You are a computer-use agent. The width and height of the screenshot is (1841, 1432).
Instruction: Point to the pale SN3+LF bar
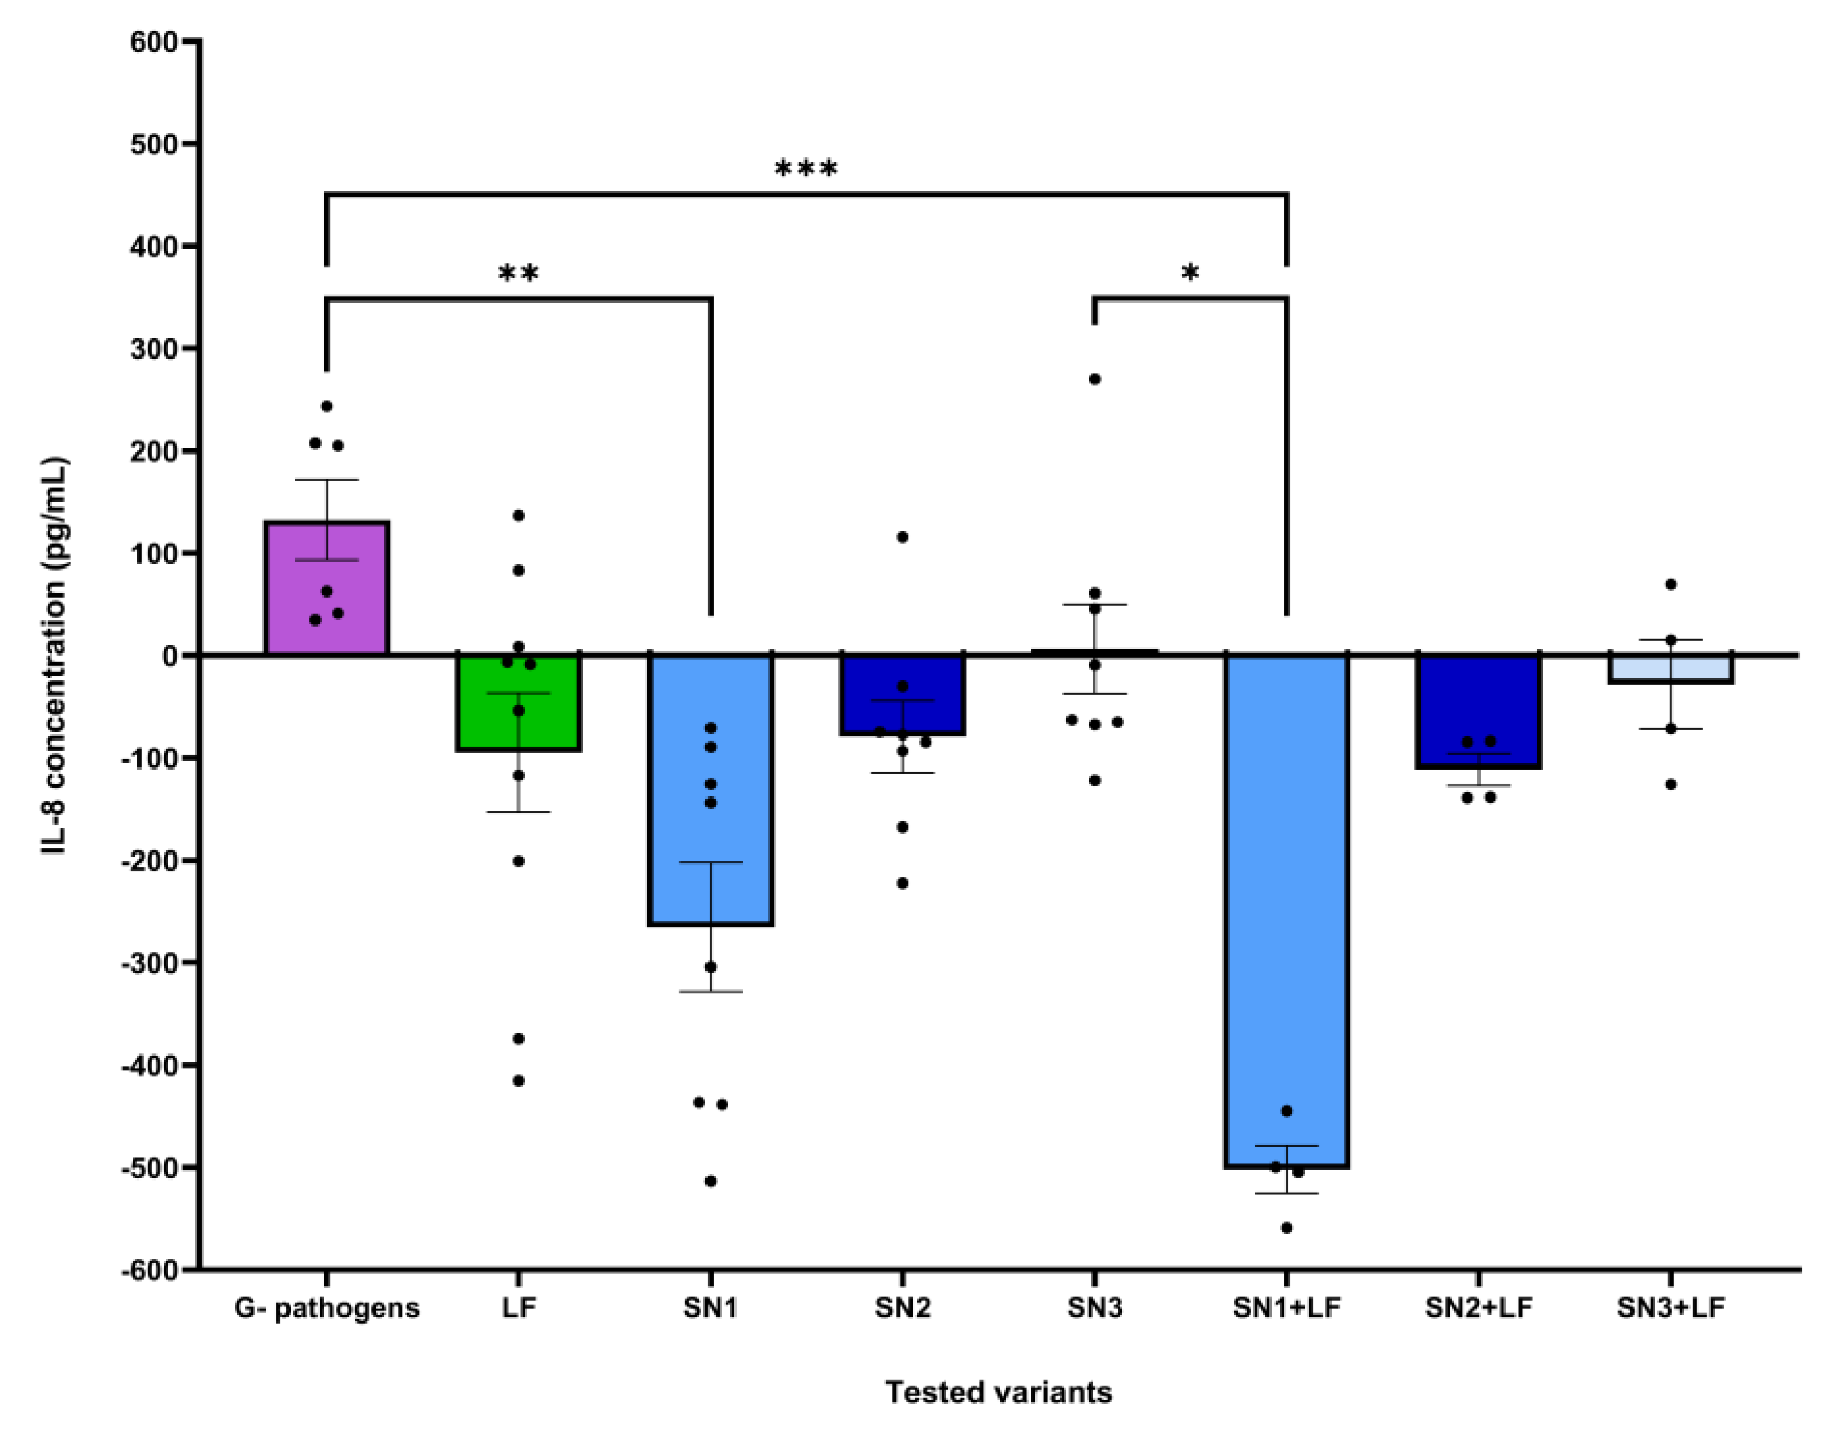(x=1670, y=669)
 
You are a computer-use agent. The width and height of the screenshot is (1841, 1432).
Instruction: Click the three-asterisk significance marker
(x=806, y=169)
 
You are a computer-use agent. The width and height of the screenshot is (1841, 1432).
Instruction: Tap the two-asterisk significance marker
(x=518, y=274)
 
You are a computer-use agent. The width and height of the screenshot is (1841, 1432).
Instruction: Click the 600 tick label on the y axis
(x=153, y=42)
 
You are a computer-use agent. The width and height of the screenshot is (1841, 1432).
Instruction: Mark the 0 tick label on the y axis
(x=168, y=656)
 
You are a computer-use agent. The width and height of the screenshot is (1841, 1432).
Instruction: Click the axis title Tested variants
(x=998, y=1393)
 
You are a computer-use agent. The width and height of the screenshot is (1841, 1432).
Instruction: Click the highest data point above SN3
(x=1094, y=379)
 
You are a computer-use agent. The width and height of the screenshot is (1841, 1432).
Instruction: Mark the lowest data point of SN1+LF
(x=1286, y=1229)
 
